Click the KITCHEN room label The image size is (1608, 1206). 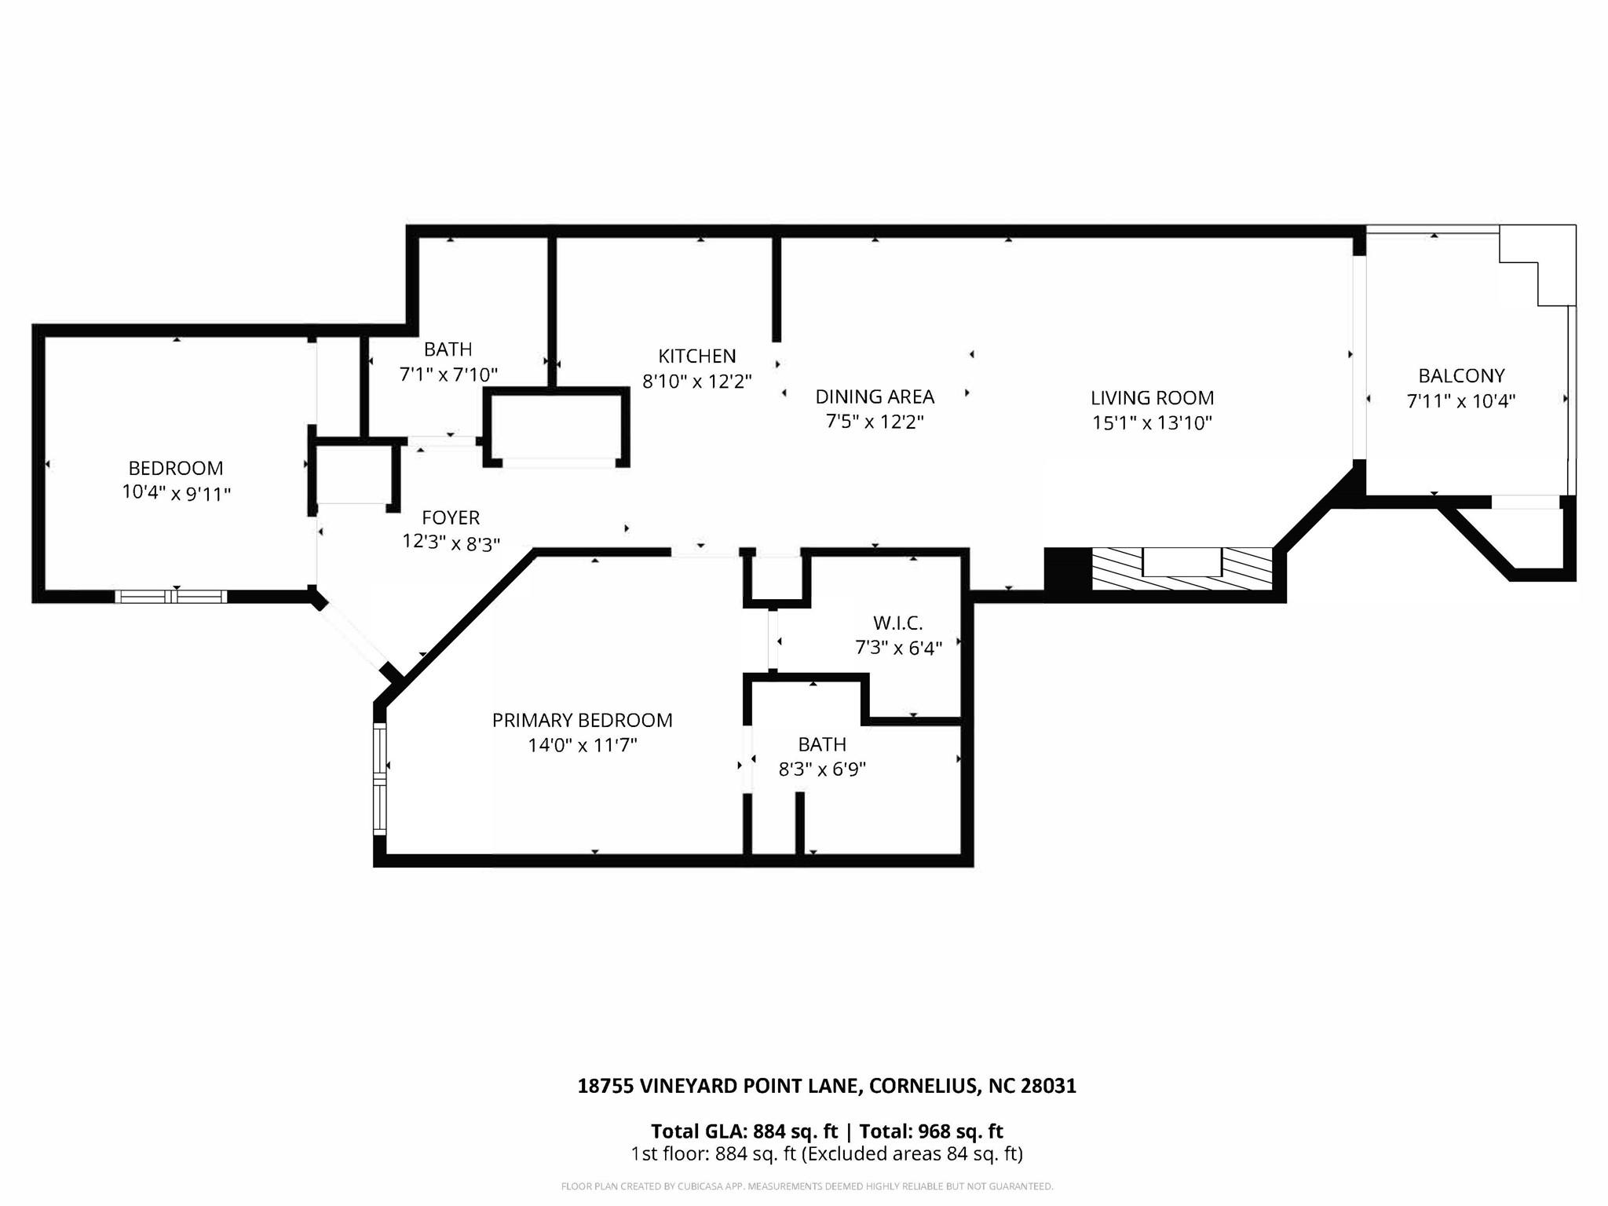pos(696,356)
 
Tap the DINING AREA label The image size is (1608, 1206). pos(875,397)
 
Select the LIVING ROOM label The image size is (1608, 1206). pos(1152,398)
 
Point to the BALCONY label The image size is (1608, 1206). pos(1460,375)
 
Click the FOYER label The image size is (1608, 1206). pos(451,517)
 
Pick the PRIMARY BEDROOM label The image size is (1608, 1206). pos(582,720)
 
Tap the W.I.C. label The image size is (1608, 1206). pos(897,623)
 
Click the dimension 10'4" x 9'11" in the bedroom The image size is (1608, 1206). pos(176,494)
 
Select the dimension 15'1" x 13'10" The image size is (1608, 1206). pos(1152,423)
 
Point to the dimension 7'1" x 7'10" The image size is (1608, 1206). pos(448,375)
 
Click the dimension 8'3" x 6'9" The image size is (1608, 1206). pos(821,769)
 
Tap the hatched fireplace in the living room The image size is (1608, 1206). pos(1182,568)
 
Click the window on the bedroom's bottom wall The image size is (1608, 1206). pos(171,597)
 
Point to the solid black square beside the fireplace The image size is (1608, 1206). pos(1068,568)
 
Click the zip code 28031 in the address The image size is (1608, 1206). pos(1047,1086)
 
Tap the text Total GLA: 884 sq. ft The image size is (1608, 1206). pos(744,1131)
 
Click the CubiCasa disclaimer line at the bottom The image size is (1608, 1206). pos(806,1186)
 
